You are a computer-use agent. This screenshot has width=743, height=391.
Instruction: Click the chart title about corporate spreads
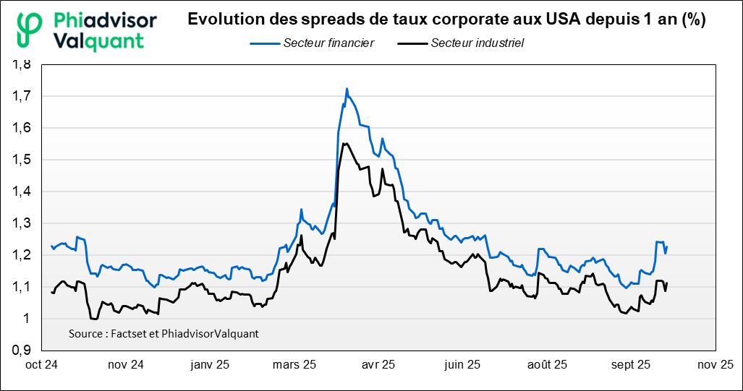[446, 20]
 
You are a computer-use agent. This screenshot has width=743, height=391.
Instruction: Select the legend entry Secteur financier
[328, 43]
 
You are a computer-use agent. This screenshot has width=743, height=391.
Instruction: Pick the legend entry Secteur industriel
[477, 43]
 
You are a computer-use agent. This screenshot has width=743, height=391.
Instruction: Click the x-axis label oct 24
[42, 365]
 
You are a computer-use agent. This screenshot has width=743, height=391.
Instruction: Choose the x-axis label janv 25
[209, 365]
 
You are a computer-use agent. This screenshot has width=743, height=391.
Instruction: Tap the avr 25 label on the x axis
[378, 365]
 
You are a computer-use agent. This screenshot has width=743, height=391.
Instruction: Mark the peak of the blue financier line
[347, 89]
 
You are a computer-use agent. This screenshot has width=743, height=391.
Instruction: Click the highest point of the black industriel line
[346, 143]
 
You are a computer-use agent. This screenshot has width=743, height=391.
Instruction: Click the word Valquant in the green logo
[99, 40]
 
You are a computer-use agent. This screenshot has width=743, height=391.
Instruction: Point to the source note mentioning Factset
[164, 334]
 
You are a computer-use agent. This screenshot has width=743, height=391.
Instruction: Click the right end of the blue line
[667, 247]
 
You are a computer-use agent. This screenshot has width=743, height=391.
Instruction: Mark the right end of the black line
[667, 283]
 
